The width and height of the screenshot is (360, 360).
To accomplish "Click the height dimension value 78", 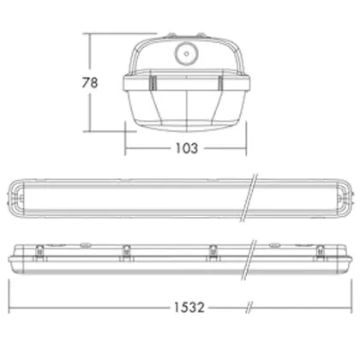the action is [90, 82].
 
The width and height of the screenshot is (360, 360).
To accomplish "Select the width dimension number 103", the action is [187, 148].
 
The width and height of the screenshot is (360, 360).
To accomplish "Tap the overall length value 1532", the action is [189, 308].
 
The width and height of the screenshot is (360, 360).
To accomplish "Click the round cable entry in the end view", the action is [186, 53].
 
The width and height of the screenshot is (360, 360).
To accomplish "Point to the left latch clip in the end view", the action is [153, 83].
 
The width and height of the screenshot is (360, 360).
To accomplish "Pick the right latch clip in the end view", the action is [220, 83].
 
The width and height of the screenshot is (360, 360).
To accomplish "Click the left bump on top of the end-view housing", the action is [171, 35].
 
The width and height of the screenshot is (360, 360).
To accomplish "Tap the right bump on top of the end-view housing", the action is [201, 35].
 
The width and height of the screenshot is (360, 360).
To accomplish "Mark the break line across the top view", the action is [249, 198].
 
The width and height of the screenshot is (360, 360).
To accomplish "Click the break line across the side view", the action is [249, 260].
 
